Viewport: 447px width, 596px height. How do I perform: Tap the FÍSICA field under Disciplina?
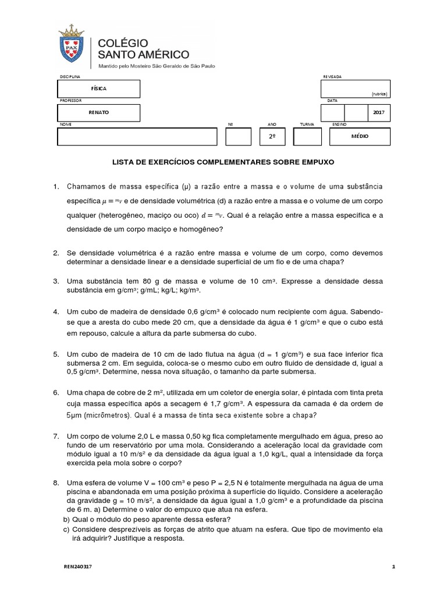point(99,88)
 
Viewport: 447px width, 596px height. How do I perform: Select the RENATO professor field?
point(99,112)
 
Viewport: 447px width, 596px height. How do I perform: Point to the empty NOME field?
point(137,136)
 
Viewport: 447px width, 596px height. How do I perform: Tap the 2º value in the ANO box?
point(272,136)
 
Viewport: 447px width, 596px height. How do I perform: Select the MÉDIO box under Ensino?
point(360,136)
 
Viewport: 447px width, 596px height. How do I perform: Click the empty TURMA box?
point(307,136)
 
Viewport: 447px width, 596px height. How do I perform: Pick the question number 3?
point(56,281)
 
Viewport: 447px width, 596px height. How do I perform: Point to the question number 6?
point(56,392)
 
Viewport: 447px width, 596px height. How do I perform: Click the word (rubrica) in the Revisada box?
point(379,94)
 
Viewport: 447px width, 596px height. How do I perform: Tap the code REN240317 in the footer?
point(77,566)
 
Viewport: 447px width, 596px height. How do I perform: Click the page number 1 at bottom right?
point(393,566)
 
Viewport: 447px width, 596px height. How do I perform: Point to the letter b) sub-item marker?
point(66,520)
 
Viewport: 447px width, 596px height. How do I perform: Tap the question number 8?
point(56,483)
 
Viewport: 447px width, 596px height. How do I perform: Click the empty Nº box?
point(238,136)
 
